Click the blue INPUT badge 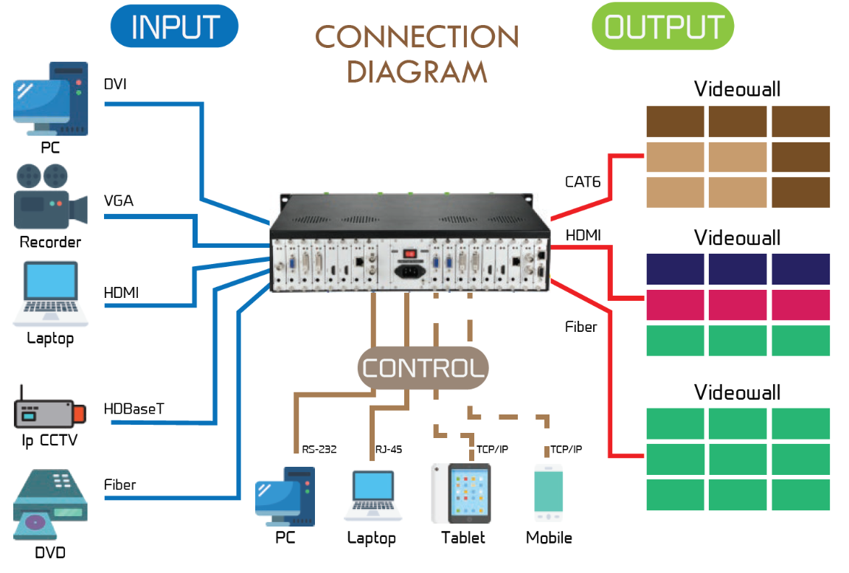(174, 27)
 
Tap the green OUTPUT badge (662, 27)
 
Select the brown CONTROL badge (423, 368)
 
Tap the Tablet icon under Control (460, 493)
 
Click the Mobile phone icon (549, 491)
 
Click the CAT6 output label (583, 181)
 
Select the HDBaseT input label (134, 409)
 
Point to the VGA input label (119, 200)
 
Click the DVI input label (115, 84)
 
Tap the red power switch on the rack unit (408, 254)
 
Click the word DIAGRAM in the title (417, 72)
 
